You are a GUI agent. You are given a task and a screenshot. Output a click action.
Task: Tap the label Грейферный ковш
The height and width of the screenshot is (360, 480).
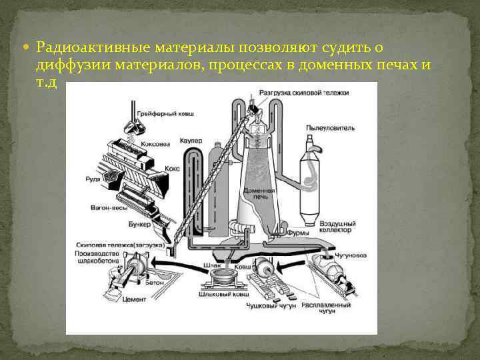(x=165, y=115)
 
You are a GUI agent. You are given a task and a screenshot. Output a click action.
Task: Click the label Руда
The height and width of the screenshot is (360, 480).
(x=94, y=179)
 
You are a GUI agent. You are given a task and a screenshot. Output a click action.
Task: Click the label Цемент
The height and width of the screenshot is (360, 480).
(x=134, y=300)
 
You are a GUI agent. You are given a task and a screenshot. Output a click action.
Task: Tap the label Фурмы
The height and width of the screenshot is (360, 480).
(x=297, y=233)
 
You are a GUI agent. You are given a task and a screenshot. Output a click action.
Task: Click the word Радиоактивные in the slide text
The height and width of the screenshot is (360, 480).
(x=93, y=48)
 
